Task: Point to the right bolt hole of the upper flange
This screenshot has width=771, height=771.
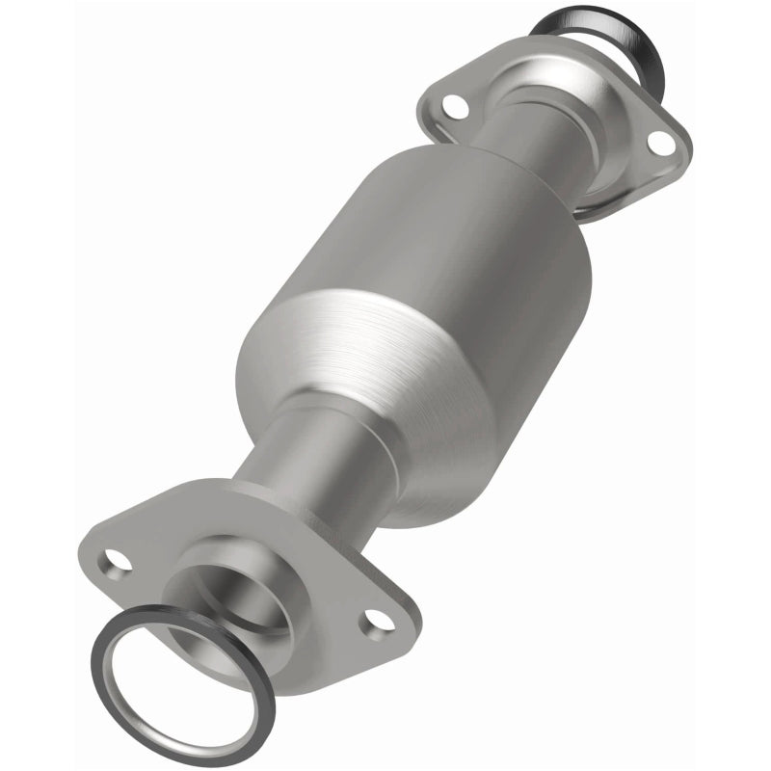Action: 660,142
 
